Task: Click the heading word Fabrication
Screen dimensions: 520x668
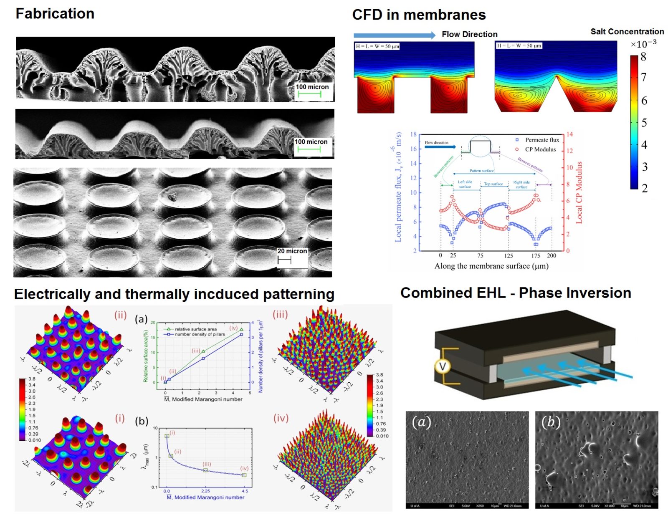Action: pyautogui.click(x=55, y=14)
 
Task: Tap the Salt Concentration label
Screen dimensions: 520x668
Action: pyautogui.click(x=627, y=32)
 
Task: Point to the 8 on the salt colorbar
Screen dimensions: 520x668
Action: pyautogui.click(x=643, y=57)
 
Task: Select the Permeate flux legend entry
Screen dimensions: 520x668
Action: pyautogui.click(x=541, y=140)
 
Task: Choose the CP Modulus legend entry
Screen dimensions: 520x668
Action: pyautogui.click(x=540, y=149)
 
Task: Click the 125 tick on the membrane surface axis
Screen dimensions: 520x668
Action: pyautogui.click(x=508, y=255)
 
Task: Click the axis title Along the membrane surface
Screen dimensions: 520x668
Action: pyautogui.click(x=491, y=266)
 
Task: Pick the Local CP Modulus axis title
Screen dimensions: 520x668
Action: pyautogui.click(x=579, y=192)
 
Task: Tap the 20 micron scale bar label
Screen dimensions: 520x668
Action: pyautogui.click(x=292, y=251)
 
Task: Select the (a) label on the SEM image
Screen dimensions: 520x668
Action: pyautogui.click(x=421, y=422)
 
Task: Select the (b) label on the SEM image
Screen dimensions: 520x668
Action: pyautogui.click(x=551, y=422)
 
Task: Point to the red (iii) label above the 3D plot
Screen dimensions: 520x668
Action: pyautogui.click(x=280, y=314)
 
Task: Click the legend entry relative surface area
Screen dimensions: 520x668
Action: pyautogui.click(x=195, y=329)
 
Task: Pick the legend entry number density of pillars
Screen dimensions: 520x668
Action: pyautogui.click(x=200, y=334)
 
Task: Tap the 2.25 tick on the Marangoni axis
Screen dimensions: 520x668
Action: pyautogui.click(x=205, y=491)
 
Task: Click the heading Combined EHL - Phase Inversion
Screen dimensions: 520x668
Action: pyautogui.click(x=515, y=293)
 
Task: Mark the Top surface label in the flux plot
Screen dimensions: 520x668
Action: pyautogui.click(x=493, y=184)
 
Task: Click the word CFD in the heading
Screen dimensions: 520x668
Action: pyautogui.click(x=367, y=15)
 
